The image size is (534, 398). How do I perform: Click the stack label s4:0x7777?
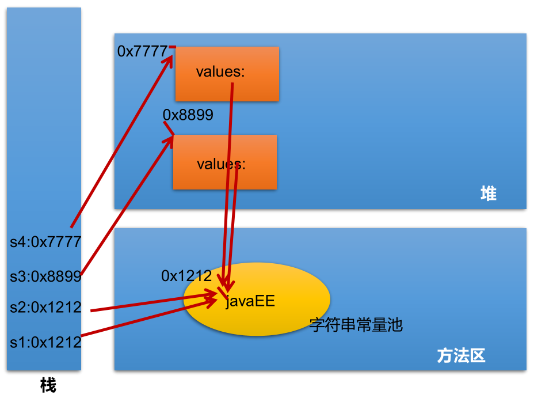(45, 241)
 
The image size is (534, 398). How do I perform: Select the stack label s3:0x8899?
(45, 276)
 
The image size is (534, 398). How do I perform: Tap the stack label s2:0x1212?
(45, 308)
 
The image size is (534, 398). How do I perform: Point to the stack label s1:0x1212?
(45, 342)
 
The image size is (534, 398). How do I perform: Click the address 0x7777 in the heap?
(142, 51)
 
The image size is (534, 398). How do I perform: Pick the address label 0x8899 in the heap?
(188, 115)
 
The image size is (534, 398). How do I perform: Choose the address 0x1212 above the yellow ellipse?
(186, 276)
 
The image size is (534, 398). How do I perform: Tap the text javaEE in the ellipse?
(250, 301)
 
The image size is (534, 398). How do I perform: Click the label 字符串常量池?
(356, 325)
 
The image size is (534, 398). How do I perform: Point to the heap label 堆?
(488, 194)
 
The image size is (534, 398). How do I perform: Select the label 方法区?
(461, 356)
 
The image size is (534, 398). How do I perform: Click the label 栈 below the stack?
(48, 385)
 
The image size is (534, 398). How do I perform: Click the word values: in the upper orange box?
(220, 72)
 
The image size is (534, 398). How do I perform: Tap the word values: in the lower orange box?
(221, 164)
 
